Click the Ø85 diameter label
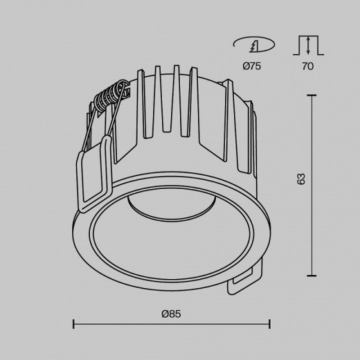tap(171, 314)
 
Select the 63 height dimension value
tap(300, 178)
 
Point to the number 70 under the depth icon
tap(307, 66)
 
